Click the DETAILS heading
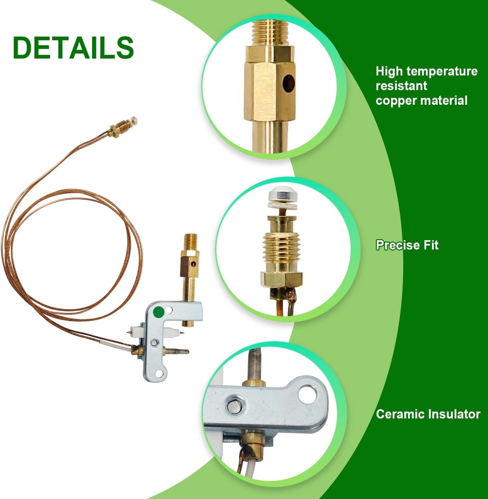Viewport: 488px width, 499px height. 73,47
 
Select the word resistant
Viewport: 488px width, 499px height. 401,86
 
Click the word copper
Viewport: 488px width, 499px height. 396,101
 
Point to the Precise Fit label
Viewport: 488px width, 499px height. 407,245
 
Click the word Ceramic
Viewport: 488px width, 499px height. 400,414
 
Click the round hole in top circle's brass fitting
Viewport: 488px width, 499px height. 289,83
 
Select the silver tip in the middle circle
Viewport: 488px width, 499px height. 282,199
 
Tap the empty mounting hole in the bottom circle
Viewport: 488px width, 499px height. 308,394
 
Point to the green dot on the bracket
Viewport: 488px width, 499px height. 159,312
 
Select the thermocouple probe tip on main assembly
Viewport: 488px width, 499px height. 178,352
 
